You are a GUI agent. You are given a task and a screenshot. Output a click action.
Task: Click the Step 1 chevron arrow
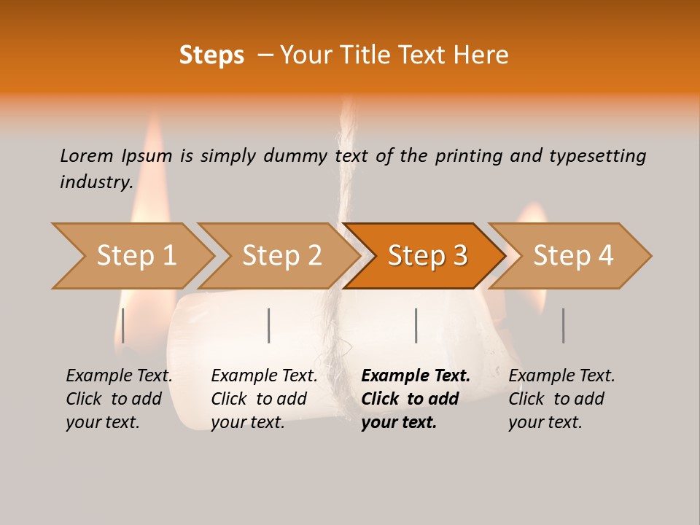[135, 256]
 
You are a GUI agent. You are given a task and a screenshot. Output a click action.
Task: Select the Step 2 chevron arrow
[281, 256]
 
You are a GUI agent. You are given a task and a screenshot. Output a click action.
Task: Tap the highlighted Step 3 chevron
[427, 256]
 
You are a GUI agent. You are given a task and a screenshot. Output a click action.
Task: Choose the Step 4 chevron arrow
[572, 256]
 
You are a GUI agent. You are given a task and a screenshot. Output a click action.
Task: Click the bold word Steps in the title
[211, 55]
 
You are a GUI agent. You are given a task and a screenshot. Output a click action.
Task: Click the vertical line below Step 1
[123, 325]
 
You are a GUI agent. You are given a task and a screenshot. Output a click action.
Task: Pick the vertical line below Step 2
[269, 325]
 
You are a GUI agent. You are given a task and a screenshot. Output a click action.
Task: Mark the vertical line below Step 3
[416, 325]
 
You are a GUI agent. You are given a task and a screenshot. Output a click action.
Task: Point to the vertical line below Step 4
[563, 325]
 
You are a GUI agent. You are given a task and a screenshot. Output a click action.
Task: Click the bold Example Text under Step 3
[416, 376]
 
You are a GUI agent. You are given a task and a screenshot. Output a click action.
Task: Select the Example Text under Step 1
[119, 376]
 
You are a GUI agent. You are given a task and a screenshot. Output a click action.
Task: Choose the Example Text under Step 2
[264, 376]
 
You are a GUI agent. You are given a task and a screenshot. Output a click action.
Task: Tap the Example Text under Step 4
[561, 376]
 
